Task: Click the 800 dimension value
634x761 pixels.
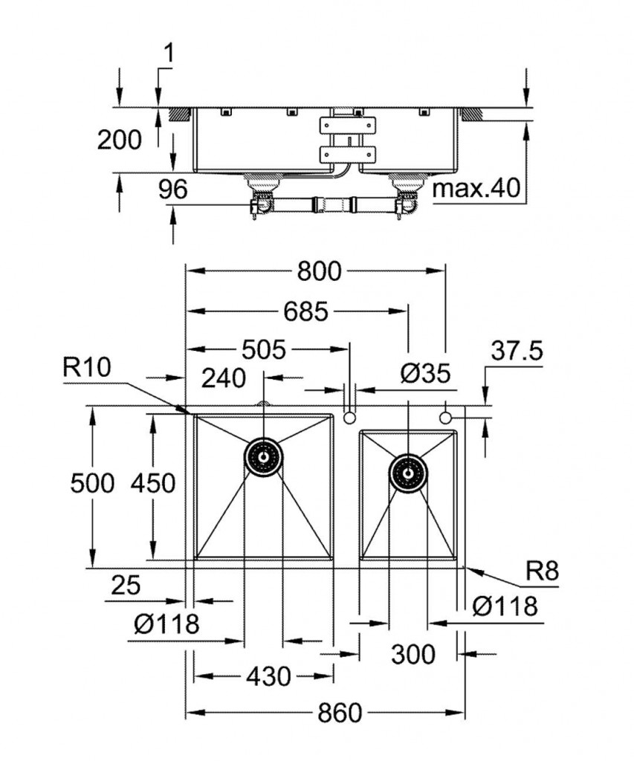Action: point(319,272)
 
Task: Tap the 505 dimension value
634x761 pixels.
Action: point(268,349)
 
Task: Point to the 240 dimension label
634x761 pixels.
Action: point(224,378)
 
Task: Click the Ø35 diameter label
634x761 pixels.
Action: point(425,375)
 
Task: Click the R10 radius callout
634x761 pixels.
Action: point(86,367)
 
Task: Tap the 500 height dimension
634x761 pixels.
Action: point(92,484)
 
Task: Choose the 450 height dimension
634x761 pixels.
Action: point(152,484)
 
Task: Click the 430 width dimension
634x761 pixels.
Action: point(268,676)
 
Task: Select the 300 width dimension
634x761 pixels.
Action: point(413,655)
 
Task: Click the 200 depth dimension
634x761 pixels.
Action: point(119,139)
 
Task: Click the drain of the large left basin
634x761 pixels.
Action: point(263,456)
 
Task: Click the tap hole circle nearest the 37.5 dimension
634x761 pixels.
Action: point(445,418)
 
